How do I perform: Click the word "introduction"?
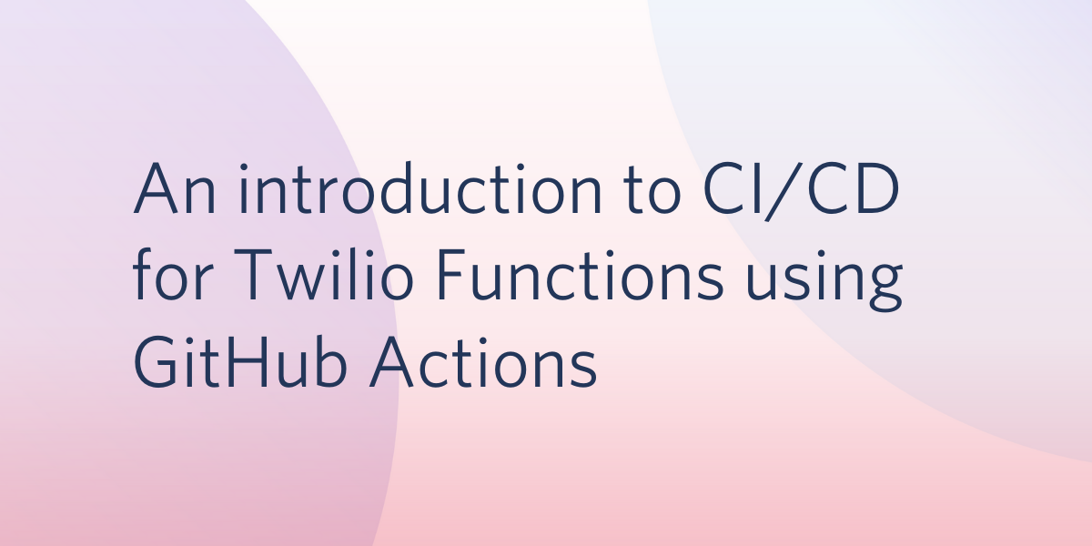pos(420,188)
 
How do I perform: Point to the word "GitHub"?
pos(240,362)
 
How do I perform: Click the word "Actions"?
pos(483,362)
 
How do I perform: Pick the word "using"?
pos(824,279)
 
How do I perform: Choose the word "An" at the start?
pos(175,188)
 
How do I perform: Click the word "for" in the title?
pos(172,275)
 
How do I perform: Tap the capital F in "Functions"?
pos(452,275)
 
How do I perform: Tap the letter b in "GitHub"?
pos(329,362)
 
